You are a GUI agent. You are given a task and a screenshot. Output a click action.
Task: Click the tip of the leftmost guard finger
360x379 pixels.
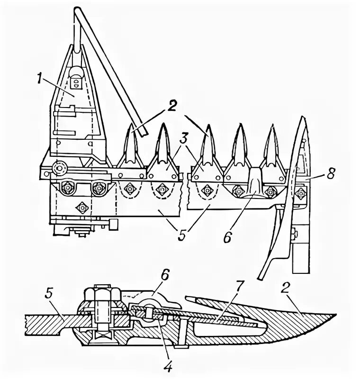(132, 124)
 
